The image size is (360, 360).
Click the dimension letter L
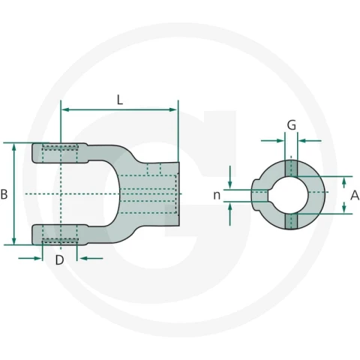pyautogui.click(x=120, y=100)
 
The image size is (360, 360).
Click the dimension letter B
pyautogui.click(x=4, y=194)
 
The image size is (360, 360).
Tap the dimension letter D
pyautogui.click(x=59, y=260)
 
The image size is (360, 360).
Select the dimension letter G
pyautogui.click(x=292, y=125)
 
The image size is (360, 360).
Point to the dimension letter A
pyautogui.click(x=355, y=195)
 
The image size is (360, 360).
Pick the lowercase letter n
pyautogui.click(x=217, y=195)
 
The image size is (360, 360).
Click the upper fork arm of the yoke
pyautogui.click(x=60, y=153)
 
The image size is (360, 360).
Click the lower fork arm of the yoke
pyautogui.click(x=60, y=235)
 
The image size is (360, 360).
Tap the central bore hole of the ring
pyautogui.click(x=290, y=195)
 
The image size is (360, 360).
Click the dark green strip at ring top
pyautogui.click(x=291, y=168)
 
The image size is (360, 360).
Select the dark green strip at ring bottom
pyautogui.click(x=291, y=221)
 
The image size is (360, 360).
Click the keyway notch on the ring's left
pyautogui.click(x=269, y=195)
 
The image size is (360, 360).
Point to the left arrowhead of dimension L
pyautogui.click(x=65, y=109)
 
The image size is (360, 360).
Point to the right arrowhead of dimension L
pyautogui.click(x=173, y=109)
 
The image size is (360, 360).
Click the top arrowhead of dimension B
pyautogui.click(x=14, y=148)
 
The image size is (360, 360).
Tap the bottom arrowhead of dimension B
pyautogui.click(x=14, y=241)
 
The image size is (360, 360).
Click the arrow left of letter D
pyautogui.click(x=30, y=258)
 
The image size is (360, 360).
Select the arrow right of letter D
pyautogui.click(x=90, y=258)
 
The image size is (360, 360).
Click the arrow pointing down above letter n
pyautogui.click(x=230, y=177)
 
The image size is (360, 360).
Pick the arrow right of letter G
pyautogui.click(x=310, y=141)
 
